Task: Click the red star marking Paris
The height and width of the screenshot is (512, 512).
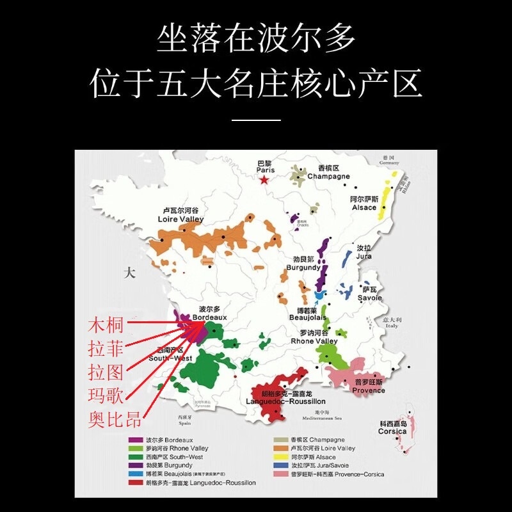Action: [264, 179]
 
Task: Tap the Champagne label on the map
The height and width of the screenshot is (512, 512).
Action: [328, 172]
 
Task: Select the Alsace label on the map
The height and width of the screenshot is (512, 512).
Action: [364, 204]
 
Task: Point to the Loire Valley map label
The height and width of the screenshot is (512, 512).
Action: [180, 215]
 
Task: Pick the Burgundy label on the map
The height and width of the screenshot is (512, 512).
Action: [303, 264]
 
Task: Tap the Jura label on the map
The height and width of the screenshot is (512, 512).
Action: [364, 252]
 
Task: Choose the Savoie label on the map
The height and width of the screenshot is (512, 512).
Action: [369, 294]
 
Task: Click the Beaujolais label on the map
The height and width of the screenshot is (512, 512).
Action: [308, 314]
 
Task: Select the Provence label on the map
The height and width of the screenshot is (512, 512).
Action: [369, 387]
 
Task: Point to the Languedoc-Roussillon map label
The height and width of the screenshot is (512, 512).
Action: [285, 397]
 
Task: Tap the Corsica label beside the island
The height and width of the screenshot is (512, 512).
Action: [392, 428]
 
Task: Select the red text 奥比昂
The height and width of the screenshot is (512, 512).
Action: [114, 420]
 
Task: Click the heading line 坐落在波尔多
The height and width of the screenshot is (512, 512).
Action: [256, 40]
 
